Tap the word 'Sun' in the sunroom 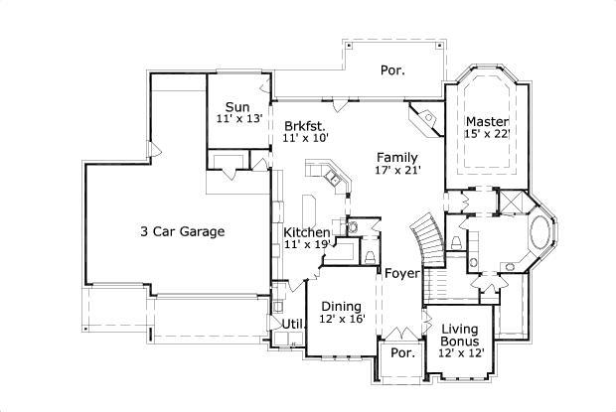236,107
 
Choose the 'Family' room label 396,157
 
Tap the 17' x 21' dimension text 396,170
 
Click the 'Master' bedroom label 487,122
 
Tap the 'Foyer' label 402,273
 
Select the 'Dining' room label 341,306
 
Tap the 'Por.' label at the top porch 392,70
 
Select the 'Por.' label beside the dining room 401,352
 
